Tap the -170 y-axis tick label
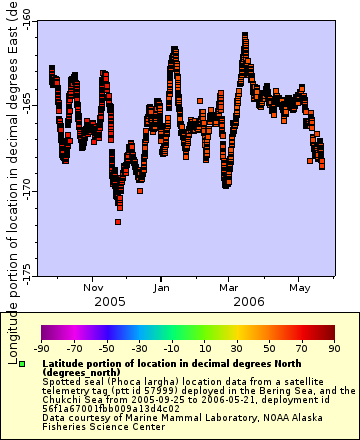[x=25, y=190]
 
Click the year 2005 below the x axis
[x=110, y=300]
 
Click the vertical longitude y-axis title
[x=12, y=165]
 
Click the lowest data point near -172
[x=118, y=221]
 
